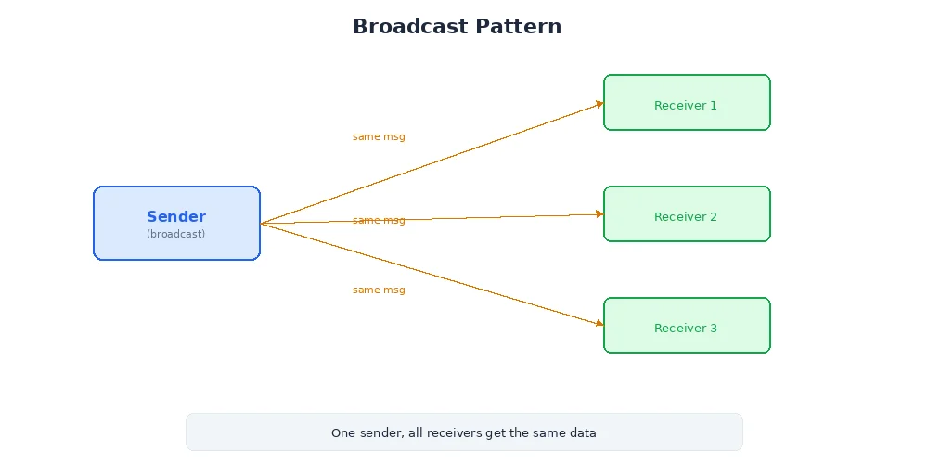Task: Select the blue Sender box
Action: [x=176, y=246]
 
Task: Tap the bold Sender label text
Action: [x=176, y=217]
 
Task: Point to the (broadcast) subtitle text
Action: [x=176, y=234]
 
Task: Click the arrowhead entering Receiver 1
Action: [x=599, y=104]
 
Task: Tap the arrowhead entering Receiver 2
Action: [x=599, y=213]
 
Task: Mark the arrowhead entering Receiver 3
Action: [x=599, y=323]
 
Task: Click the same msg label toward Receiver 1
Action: [x=379, y=136]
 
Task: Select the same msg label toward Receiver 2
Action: [x=379, y=220]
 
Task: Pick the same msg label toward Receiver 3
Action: [x=379, y=290]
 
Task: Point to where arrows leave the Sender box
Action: [x=262, y=223]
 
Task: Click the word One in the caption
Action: [x=342, y=432]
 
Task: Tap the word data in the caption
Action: [x=583, y=432]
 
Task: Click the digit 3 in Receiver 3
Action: [x=714, y=328]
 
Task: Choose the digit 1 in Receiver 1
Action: [x=714, y=105]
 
